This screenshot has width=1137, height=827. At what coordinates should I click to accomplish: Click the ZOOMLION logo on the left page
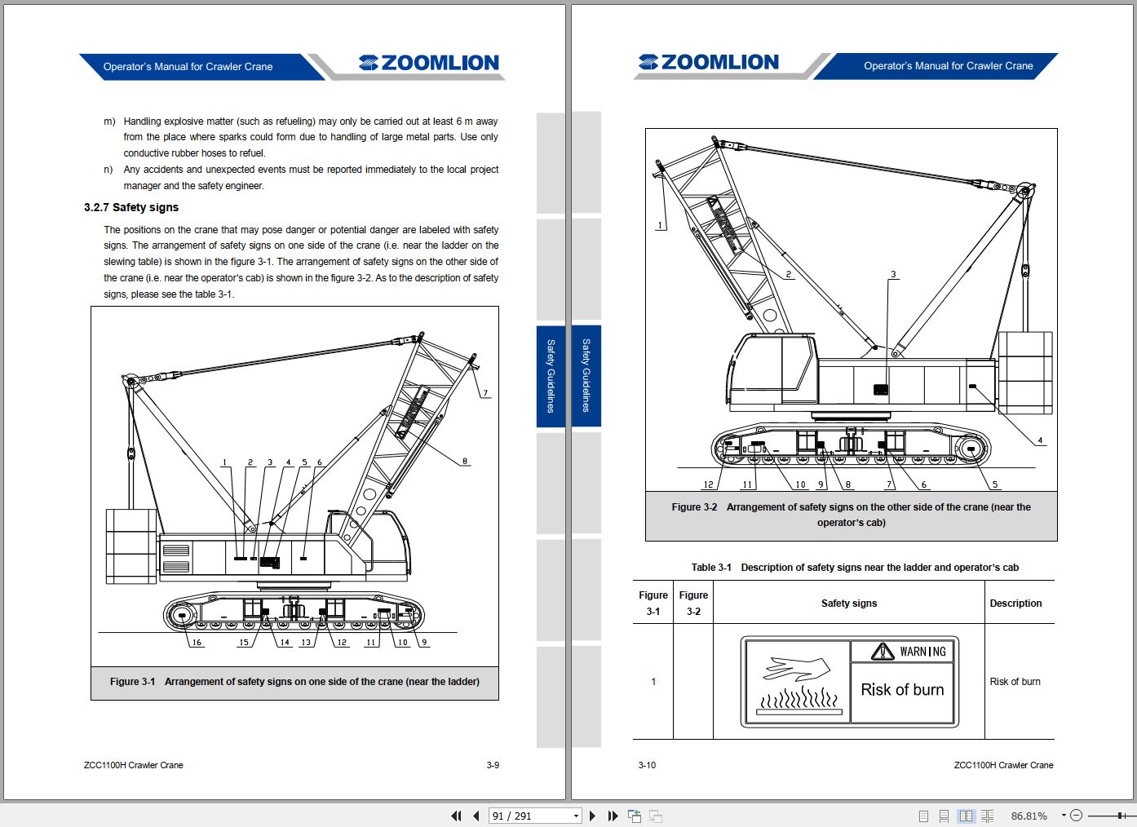(429, 64)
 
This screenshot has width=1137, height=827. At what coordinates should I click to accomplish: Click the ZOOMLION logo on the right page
(709, 63)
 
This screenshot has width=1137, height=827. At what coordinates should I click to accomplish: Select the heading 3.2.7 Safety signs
(131, 207)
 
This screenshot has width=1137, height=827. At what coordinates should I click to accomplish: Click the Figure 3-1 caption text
(294, 682)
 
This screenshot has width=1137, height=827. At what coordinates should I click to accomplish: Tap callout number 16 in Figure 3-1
(197, 643)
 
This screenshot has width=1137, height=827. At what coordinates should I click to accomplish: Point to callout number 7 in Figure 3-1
(485, 393)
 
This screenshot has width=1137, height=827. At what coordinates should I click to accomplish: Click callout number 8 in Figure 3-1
(465, 462)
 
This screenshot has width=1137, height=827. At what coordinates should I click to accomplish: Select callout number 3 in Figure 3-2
(893, 275)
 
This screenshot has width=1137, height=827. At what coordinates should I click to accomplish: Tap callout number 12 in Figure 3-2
(708, 484)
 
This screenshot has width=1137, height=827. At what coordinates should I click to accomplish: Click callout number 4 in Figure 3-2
(1040, 440)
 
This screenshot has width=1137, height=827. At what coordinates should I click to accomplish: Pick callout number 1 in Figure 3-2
(661, 225)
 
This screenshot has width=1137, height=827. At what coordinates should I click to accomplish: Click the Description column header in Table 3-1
(1015, 604)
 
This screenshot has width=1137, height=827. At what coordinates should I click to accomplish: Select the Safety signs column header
(848, 604)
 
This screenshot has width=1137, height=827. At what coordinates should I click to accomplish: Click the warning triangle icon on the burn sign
(883, 651)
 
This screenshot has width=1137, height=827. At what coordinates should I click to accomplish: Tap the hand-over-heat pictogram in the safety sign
(799, 683)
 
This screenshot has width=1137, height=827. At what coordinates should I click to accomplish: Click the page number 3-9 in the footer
(493, 765)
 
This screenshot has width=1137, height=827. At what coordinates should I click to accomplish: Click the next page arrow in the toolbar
(592, 816)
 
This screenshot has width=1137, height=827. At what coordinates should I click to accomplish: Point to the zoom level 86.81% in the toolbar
(1029, 816)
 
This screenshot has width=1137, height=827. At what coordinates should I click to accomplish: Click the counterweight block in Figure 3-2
(1025, 372)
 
